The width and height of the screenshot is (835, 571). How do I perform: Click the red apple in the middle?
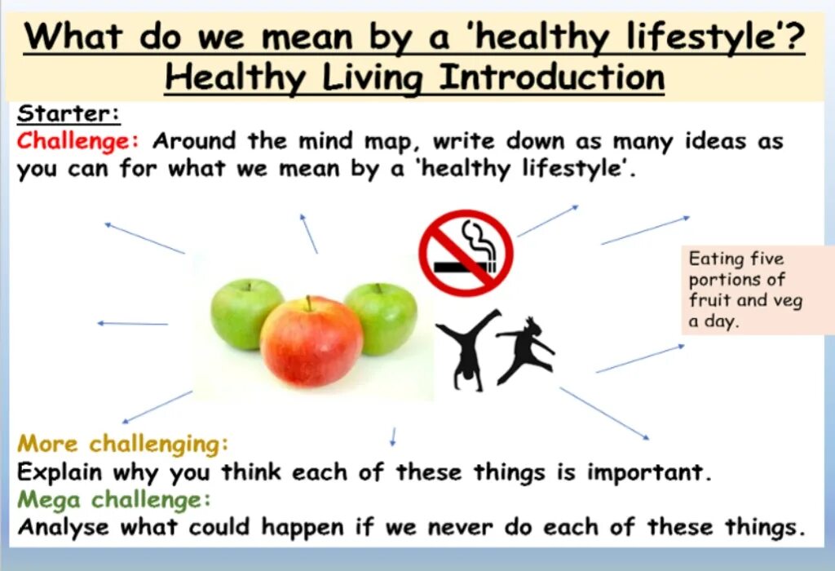pos(311,343)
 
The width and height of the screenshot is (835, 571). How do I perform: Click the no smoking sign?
pos(466,252)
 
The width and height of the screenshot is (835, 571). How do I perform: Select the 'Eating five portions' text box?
pos(746,290)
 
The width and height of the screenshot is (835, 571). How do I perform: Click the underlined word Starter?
pos(68,114)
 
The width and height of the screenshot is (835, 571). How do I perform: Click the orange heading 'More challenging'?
pos(123,445)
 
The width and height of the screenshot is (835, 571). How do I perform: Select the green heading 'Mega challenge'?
pos(115,499)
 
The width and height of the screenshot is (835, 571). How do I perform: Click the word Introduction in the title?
pos(551,78)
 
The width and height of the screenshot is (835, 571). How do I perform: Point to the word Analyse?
pos(64,527)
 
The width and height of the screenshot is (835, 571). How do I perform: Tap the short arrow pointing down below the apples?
pos(393,436)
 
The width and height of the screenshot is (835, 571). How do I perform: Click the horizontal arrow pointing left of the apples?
pos(132,324)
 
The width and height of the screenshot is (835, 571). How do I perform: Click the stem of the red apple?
pos(307,303)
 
